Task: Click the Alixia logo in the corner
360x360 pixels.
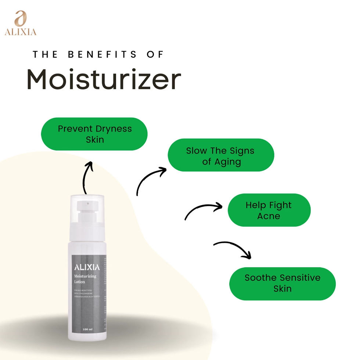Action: click(x=21, y=23)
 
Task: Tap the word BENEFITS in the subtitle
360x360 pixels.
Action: click(x=102, y=54)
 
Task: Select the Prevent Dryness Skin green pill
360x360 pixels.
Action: click(x=94, y=134)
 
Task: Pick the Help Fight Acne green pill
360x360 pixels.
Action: click(x=269, y=210)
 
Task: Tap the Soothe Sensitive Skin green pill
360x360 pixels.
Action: click(x=282, y=284)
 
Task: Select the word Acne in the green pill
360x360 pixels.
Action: click(x=269, y=216)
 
